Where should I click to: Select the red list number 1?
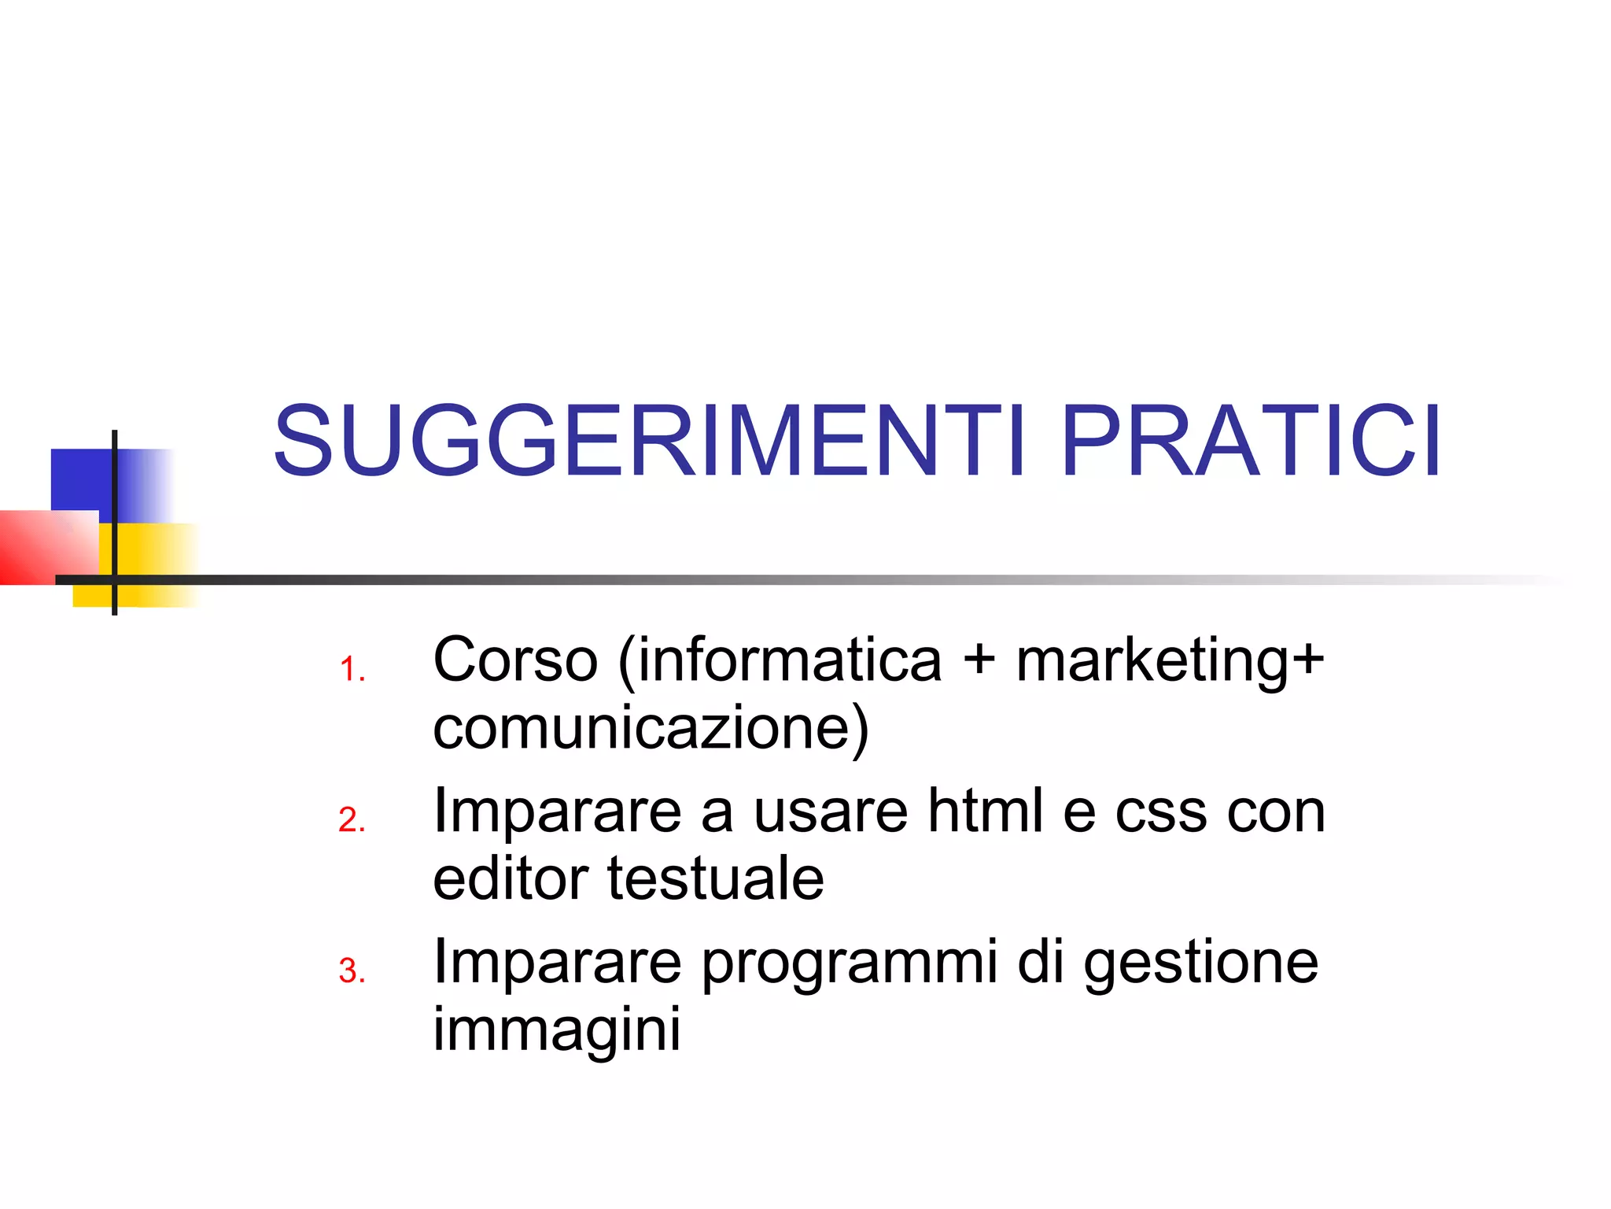coord(352,670)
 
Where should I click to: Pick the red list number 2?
coord(352,820)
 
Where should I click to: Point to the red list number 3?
coord(352,971)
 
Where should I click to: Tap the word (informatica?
coord(780,661)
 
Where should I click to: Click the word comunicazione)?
coord(651,729)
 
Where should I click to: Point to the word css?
coord(1160,812)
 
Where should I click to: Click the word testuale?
coord(715,878)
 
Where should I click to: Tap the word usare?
coord(831,812)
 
